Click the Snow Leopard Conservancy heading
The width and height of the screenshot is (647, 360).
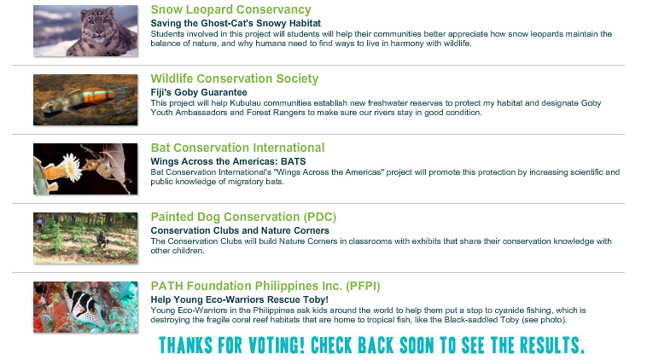tap(230, 9)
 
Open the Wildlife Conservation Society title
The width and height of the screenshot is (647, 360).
tap(235, 78)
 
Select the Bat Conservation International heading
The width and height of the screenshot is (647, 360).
tap(237, 148)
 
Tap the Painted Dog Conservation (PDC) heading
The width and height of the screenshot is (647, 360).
tap(243, 217)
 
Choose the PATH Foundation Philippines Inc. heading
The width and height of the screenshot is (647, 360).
tap(265, 286)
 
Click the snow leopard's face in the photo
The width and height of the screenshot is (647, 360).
tap(96, 24)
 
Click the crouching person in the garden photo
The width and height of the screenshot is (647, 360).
tap(101, 239)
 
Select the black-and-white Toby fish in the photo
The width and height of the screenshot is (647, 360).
tap(85, 305)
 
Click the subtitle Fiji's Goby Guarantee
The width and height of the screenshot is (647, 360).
tap(199, 92)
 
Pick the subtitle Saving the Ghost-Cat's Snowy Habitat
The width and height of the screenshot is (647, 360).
tap(236, 23)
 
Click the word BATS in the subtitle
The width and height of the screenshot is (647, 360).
tap(294, 161)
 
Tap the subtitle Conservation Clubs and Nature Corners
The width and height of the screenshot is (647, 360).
tap(240, 230)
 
